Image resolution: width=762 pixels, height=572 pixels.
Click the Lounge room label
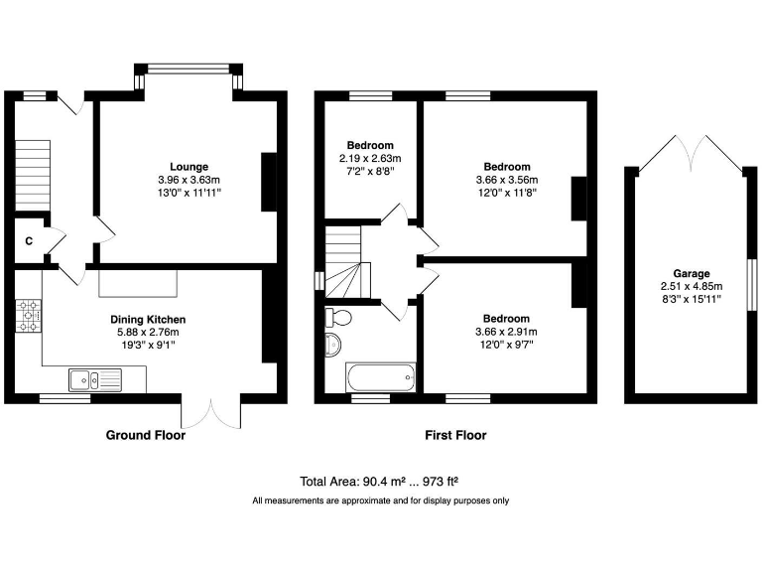pyautogui.click(x=189, y=166)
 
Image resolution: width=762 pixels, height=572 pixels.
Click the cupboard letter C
pyautogui.click(x=29, y=241)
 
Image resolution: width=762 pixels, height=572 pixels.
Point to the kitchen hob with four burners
pyautogui.click(x=28, y=317)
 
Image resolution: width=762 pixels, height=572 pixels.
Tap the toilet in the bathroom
pyautogui.click(x=337, y=317)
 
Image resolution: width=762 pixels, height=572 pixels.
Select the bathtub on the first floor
pyautogui.click(x=380, y=377)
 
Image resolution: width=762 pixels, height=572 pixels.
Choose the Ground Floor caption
pyautogui.click(x=146, y=435)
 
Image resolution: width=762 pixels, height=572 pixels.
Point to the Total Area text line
pyautogui.click(x=380, y=480)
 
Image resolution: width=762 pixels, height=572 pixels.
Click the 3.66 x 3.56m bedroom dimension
pyautogui.click(x=507, y=180)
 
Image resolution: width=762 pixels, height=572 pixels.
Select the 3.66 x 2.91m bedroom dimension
pyautogui.click(x=507, y=333)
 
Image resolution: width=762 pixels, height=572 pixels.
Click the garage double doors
pyautogui.click(x=691, y=154)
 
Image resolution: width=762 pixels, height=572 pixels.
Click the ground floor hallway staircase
pyautogui.click(x=33, y=174)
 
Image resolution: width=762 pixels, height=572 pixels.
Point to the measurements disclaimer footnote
pyautogui.click(x=380, y=500)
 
